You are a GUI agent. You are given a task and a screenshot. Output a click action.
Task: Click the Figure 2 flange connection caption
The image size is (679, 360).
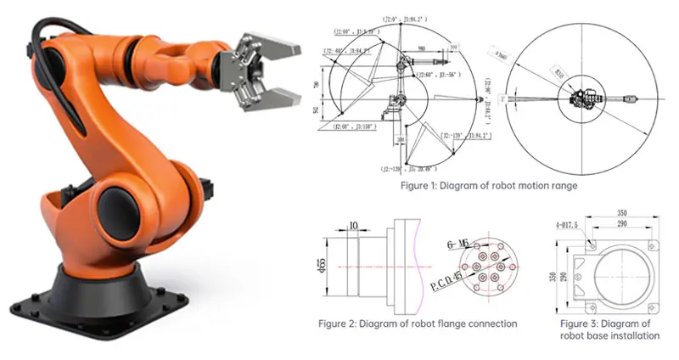[x=418, y=323]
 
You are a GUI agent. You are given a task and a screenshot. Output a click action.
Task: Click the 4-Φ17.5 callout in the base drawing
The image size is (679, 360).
[x=564, y=224]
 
